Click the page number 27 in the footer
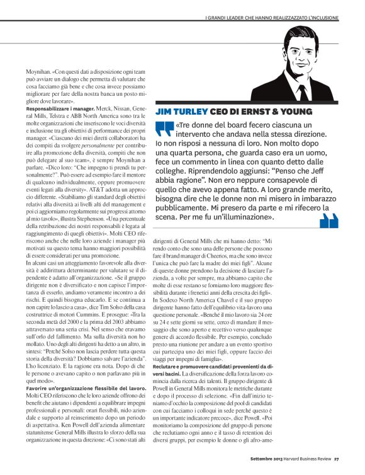click(337, 467)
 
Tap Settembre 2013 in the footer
click(255, 467)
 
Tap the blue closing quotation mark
click(329, 221)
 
